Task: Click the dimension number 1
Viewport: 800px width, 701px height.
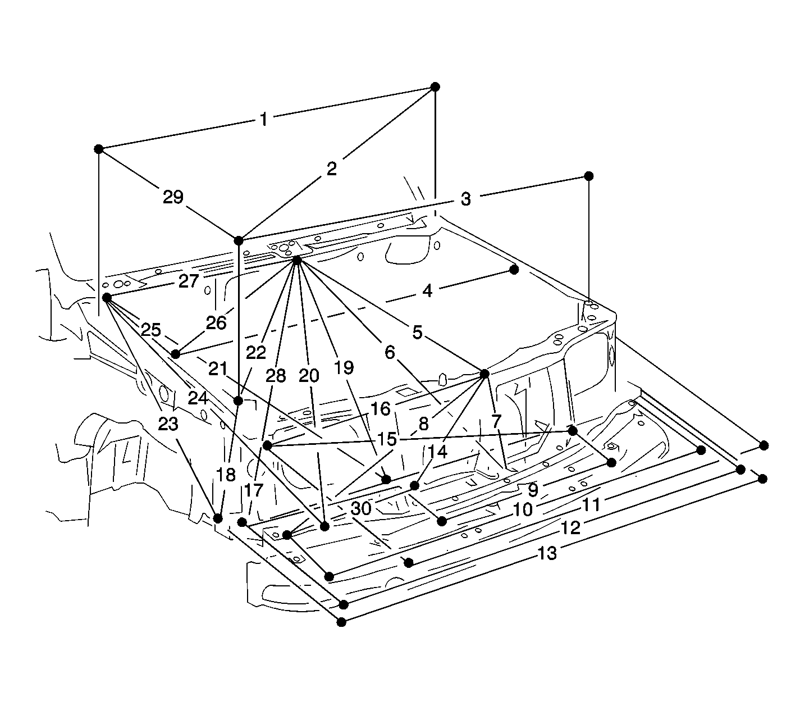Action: (263, 120)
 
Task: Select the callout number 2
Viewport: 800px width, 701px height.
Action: (332, 169)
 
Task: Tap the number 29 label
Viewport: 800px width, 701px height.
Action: (173, 197)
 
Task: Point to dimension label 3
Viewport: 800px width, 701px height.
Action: (466, 199)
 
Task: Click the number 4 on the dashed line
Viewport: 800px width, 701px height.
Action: (427, 291)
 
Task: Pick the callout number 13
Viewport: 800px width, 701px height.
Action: (547, 554)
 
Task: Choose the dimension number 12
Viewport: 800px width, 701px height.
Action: (570, 528)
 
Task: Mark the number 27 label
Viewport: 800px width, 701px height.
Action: (189, 281)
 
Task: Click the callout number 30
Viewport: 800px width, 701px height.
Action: (362, 508)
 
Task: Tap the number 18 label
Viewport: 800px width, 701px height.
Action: (226, 475)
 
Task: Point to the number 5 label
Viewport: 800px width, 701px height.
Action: (418, 333)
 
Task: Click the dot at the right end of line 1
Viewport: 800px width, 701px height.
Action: (435, 87)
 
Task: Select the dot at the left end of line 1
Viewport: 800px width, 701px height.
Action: (99, 149)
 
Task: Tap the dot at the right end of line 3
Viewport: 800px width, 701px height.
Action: (588, 176)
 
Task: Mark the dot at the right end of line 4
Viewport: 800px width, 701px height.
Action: (514, 270)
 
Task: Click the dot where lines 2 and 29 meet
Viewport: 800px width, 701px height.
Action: (239, 241)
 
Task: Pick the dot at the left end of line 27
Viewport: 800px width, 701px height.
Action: (106, 297)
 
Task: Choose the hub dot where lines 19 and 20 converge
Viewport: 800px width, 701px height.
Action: (297, 260)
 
